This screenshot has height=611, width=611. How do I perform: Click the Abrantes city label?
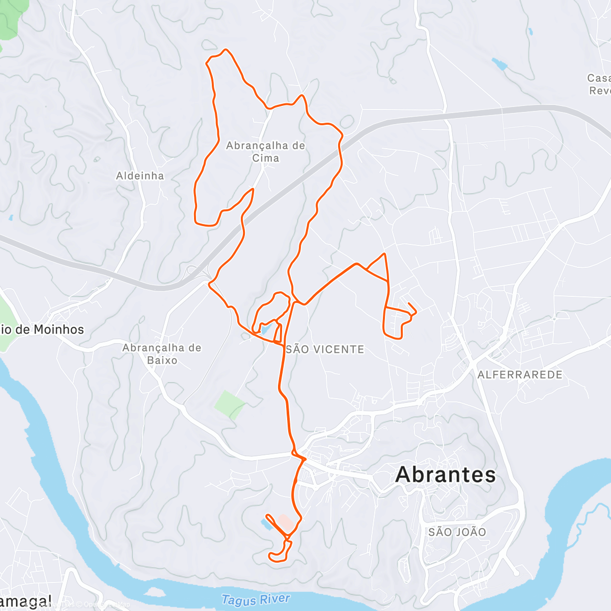coord(446,475)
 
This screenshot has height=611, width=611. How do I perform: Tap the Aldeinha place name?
coord(140,176)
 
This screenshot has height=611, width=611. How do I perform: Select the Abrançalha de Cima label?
coord(265,152)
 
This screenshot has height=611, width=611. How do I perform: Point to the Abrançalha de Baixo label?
coord(162,354)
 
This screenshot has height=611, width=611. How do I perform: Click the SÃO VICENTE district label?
coord(325,349)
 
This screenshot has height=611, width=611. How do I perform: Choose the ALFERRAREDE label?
coord(520,375)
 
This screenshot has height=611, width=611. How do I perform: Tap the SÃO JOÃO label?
coord(457,532)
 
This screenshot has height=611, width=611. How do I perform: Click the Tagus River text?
coord(256,600)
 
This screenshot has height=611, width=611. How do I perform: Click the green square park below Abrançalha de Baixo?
coord(230,405)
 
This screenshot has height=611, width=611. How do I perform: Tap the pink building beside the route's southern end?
coord(286,522)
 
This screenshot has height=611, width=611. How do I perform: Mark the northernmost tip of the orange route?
coord(226,50)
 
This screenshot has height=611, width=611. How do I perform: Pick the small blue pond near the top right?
coord(499,64)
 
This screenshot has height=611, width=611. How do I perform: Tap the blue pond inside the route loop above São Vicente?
coord(266,330)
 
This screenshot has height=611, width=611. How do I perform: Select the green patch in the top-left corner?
coord(9,20)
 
